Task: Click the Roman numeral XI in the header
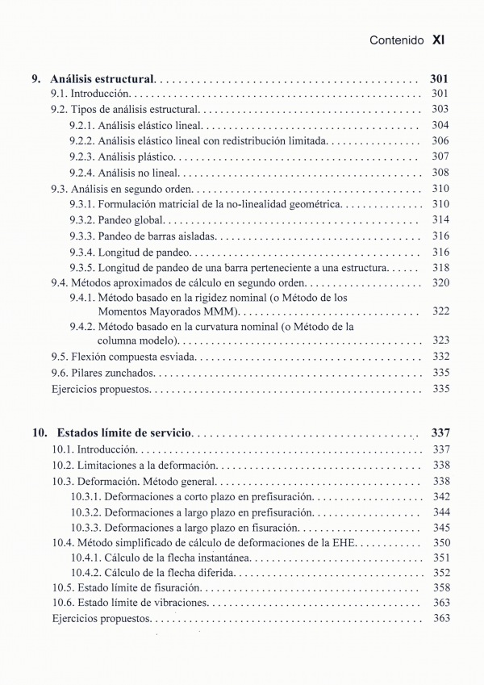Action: click(x=439, y=39)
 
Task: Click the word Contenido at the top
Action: click(x=396, y=39)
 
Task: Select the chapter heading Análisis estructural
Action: click(x=102, y=80)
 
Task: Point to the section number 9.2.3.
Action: click(x=81, y=157)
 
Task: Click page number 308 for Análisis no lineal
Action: click(x=440, y=173)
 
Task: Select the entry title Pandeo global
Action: click(x=131, y=220)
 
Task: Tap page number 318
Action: click(x=440, y=268)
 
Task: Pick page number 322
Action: click(x=440, y=311)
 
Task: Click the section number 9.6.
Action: click(x=60, y=373)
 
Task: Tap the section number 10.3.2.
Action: click(x=86, y=512)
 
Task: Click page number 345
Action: click(x=440, y=528)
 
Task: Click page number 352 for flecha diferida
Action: click(x=440, y=573)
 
